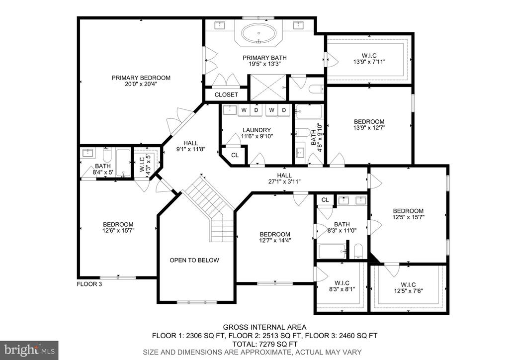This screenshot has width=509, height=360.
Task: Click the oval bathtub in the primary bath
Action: click(258, 33)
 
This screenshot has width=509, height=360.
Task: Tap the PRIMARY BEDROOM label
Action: click(141, 78)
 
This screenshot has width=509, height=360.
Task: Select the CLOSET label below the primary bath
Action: click(226, 95)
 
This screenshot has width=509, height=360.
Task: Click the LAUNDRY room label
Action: click(256, 130)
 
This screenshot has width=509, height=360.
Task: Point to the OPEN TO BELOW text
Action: click(194, 261)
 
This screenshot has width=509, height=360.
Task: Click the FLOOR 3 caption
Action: click(89, 284)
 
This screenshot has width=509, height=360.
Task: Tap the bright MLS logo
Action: click(29, 350)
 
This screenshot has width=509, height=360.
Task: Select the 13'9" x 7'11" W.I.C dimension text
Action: click(369, 62)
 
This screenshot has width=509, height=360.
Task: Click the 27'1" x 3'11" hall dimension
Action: click(284, 182)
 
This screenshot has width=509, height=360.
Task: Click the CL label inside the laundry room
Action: click(235, 156)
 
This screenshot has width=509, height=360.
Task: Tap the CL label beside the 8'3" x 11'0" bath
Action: click(325, 200)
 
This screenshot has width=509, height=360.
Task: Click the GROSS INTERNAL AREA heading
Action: click(264, 327)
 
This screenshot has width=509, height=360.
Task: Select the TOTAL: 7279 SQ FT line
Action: click(265, 344)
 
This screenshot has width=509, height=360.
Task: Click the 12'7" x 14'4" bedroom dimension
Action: click(274, 241)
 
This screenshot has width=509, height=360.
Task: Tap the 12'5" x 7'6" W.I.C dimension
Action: click(408, 291)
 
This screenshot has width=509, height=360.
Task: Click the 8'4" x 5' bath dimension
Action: click(102, 173)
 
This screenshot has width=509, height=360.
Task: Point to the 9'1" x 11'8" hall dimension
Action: click(190, 149)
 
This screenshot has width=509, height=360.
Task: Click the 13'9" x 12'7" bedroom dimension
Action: click(369, 128)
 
